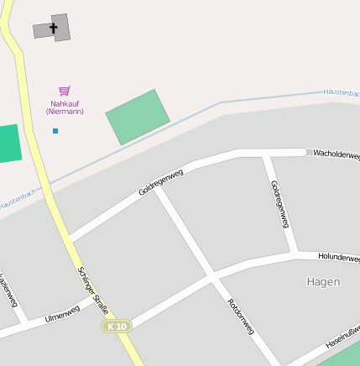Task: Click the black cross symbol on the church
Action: click(54, 29)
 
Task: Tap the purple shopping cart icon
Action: click(65, 91)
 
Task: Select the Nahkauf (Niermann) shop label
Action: click(65, 107)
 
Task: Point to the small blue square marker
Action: click(55, 131)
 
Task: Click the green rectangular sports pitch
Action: click(138, 117)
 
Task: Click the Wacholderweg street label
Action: click(336, 155)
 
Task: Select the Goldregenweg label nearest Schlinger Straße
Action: click(160, 182)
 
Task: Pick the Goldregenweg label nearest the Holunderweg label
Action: click(279, 204)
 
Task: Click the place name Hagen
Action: click(323, 282)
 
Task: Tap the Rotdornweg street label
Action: click(241, 316)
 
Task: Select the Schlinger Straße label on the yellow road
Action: click(93, 290)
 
